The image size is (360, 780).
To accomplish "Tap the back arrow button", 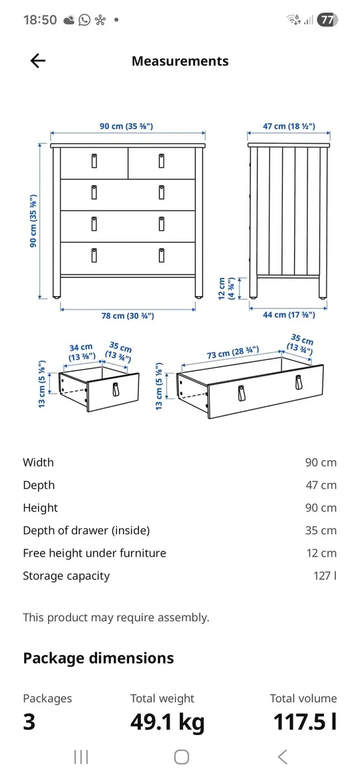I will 38,61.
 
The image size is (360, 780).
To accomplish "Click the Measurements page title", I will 180,61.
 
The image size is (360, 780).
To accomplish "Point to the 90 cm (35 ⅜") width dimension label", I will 127,126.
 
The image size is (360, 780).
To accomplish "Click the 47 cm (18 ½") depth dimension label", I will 289,126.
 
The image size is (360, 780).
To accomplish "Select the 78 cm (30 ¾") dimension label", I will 127,315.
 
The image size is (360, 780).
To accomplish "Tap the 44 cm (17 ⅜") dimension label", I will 289,315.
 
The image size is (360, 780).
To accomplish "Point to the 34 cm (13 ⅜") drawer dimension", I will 82,352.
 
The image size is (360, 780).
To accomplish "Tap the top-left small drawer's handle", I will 94,160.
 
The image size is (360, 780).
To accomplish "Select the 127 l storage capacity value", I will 325,576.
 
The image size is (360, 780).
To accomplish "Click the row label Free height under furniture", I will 94,553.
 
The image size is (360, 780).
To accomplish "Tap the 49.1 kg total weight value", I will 167,721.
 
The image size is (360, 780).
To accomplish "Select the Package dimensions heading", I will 98,658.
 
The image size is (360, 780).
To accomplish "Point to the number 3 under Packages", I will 29,721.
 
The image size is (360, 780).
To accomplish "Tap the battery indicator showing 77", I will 328,20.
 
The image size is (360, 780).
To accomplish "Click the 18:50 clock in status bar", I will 40,20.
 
